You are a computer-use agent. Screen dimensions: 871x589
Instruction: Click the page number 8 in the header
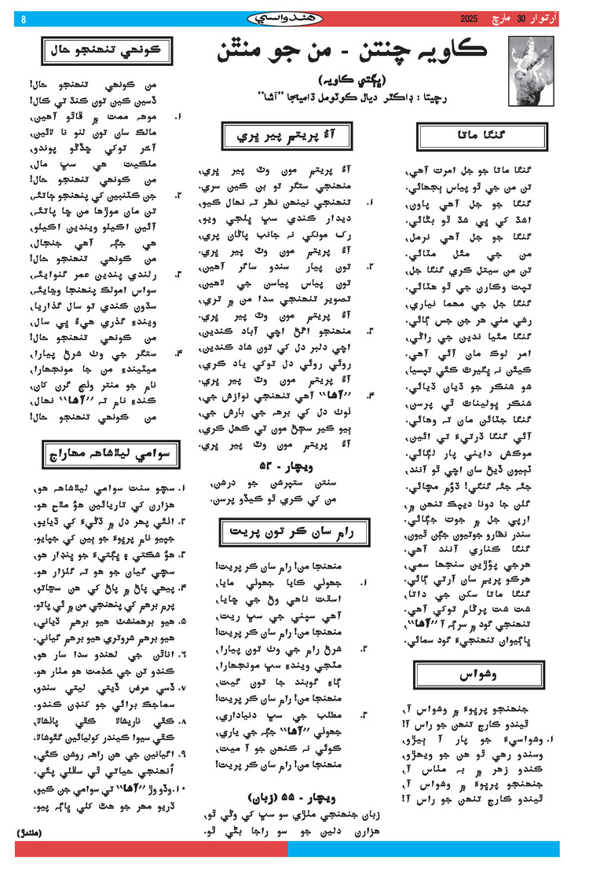pyautogui.click(x=23, y=18)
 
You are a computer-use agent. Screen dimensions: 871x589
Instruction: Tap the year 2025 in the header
pyautogui.click(x=469, y=17)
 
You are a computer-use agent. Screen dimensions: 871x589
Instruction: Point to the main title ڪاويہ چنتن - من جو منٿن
pyautogui.click(x=351, y=53)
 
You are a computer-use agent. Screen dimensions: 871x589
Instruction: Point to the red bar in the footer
pyautogui.click(x=149, y=848)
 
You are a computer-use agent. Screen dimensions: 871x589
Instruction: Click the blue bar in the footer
pyautogui.click(x=424, y=848)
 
